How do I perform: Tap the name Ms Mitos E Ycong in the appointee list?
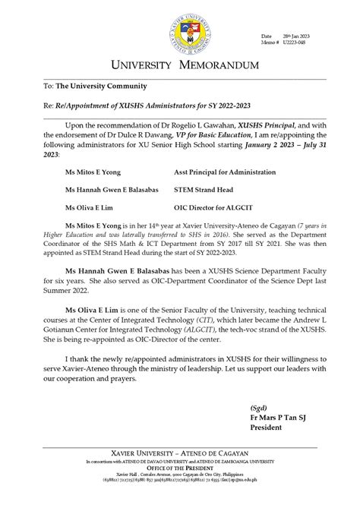pos(94,172)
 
